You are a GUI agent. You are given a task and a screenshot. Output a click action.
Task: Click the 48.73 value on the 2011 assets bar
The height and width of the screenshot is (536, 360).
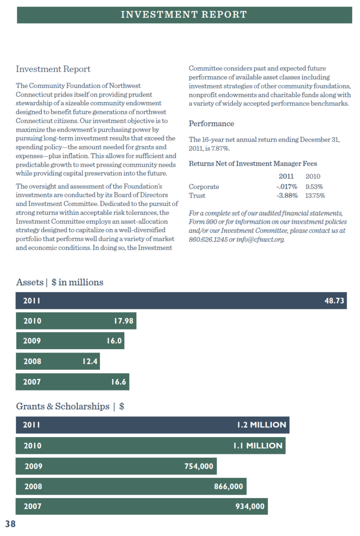click(x=335, y=301)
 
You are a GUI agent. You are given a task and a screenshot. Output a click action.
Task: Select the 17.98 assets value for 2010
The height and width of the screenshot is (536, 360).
click(x=123, y=321)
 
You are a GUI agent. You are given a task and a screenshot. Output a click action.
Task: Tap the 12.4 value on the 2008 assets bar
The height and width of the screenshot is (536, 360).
click(x=90, y=361)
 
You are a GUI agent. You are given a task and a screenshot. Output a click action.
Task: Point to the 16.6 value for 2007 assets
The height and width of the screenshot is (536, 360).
click(x=118, y=382)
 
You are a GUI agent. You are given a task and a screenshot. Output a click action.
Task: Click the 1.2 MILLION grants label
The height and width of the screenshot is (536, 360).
click(x=261, y=425)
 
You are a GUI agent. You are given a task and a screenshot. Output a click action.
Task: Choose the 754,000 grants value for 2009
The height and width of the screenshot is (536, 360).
click(x=199, y=466)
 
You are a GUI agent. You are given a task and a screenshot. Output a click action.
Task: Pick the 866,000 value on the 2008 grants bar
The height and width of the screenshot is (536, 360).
click(x=228, y=487)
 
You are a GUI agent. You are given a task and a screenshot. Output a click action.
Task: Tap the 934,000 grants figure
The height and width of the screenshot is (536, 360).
click(x=250, y=506)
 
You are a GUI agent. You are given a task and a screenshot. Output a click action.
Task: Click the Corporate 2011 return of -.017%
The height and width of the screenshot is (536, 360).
click(x=287, y=186)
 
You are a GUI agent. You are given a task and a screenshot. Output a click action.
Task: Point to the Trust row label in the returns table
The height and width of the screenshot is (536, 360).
click(x=197, y=195)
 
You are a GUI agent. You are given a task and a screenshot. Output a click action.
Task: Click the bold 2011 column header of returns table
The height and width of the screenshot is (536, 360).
click(x=286, y=176)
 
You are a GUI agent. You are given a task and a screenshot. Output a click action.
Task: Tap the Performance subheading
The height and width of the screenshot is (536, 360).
click(x=211, y=124)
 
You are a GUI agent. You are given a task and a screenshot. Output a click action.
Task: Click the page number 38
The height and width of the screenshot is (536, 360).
click(x=11, y=524)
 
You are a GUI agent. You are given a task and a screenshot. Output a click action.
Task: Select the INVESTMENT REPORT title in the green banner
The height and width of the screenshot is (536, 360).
click(x=184, y=14)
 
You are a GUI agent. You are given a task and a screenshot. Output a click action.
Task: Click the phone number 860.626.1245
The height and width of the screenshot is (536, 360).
click(x=208, y=239)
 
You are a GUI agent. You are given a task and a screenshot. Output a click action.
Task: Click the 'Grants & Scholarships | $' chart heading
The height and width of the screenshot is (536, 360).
click(x=70, y=406)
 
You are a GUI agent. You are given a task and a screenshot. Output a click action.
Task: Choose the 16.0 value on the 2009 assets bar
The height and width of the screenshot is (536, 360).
click(x=115, y=341)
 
